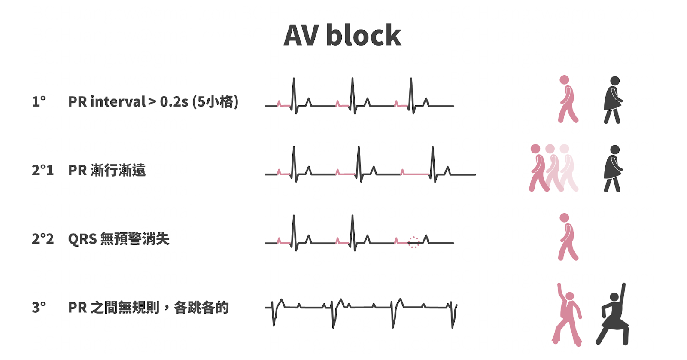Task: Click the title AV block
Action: click(342, 35)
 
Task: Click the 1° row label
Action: click(38, 102)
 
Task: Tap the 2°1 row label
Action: click(43, 171)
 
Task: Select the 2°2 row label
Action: click(43, 239)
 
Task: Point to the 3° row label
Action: click(38, 308)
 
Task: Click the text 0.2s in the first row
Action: click(174, 102)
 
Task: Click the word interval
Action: click(118, 102)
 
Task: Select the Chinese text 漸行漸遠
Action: click(118, 171)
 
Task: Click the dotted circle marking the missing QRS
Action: click(413, 242)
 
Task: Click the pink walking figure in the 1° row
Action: click(567, 100)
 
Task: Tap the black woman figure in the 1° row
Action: click(613, 100)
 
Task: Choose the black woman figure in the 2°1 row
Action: click(613, 168)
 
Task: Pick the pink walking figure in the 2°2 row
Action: click(567, 237)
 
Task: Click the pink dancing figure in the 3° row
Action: click(567, 314)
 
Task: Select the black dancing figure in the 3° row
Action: click(613, 314)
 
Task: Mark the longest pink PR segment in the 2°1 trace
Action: click(416, 174)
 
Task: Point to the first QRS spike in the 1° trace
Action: click(294, 92)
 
